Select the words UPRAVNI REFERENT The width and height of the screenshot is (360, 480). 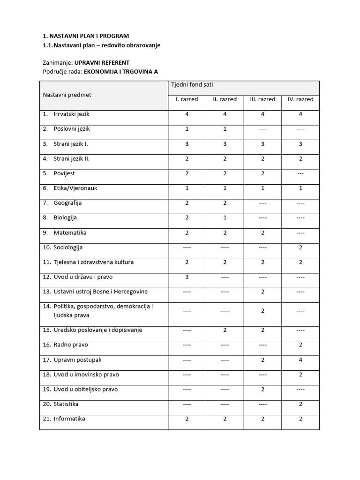[x=102, y=62]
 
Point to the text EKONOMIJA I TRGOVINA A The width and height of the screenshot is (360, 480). [x=121, y=71]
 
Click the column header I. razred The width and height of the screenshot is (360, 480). [x=187, y=99]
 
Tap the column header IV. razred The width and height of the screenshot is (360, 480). [x=300, y=99]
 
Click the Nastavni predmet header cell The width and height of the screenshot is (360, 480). [x=67, y=95]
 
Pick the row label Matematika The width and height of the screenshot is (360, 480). [x=70, y=232]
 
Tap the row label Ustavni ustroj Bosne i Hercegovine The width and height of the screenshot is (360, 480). [x=100, y=292]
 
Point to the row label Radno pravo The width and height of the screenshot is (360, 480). [x=70, y=345]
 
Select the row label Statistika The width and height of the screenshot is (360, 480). [x=66, y=404]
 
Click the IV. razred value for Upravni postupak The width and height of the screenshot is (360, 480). [x=300, y=360]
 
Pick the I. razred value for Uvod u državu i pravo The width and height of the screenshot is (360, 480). [x=187, y=277]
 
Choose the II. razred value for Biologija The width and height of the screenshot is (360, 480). [x=225, y=218]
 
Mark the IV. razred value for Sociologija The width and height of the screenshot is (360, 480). [x=300, y=247]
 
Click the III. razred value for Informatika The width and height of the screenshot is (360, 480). [x=262, y=419]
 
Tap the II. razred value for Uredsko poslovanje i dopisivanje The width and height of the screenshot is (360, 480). [x=225, y=330]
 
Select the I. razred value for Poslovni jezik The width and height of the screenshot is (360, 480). [x=187, y=129]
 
